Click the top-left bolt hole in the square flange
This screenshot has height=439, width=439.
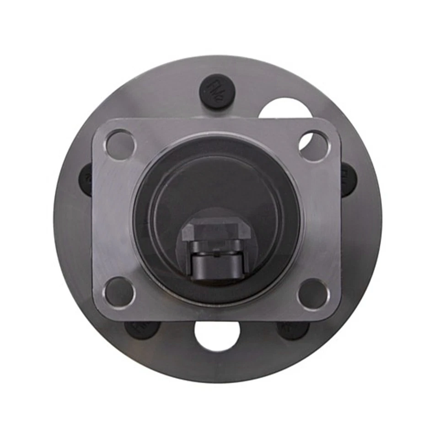point(120,144)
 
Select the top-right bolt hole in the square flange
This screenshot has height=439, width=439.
point(314,145)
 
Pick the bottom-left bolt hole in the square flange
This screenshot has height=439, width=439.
point(119,292)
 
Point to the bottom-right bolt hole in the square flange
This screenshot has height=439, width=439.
point(313,293)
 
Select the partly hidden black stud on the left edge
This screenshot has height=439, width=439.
point(86,180)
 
